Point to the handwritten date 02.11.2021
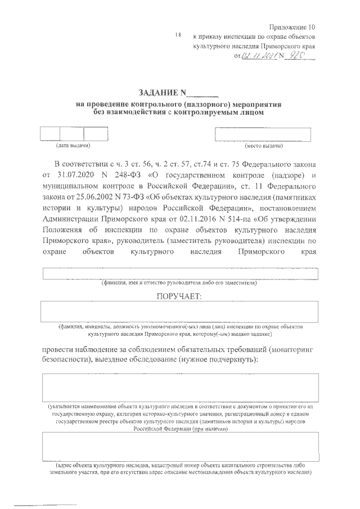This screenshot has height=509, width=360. click(255, 56)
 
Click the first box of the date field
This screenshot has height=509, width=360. click(49, 134)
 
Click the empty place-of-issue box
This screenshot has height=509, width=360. click(263, 134)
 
